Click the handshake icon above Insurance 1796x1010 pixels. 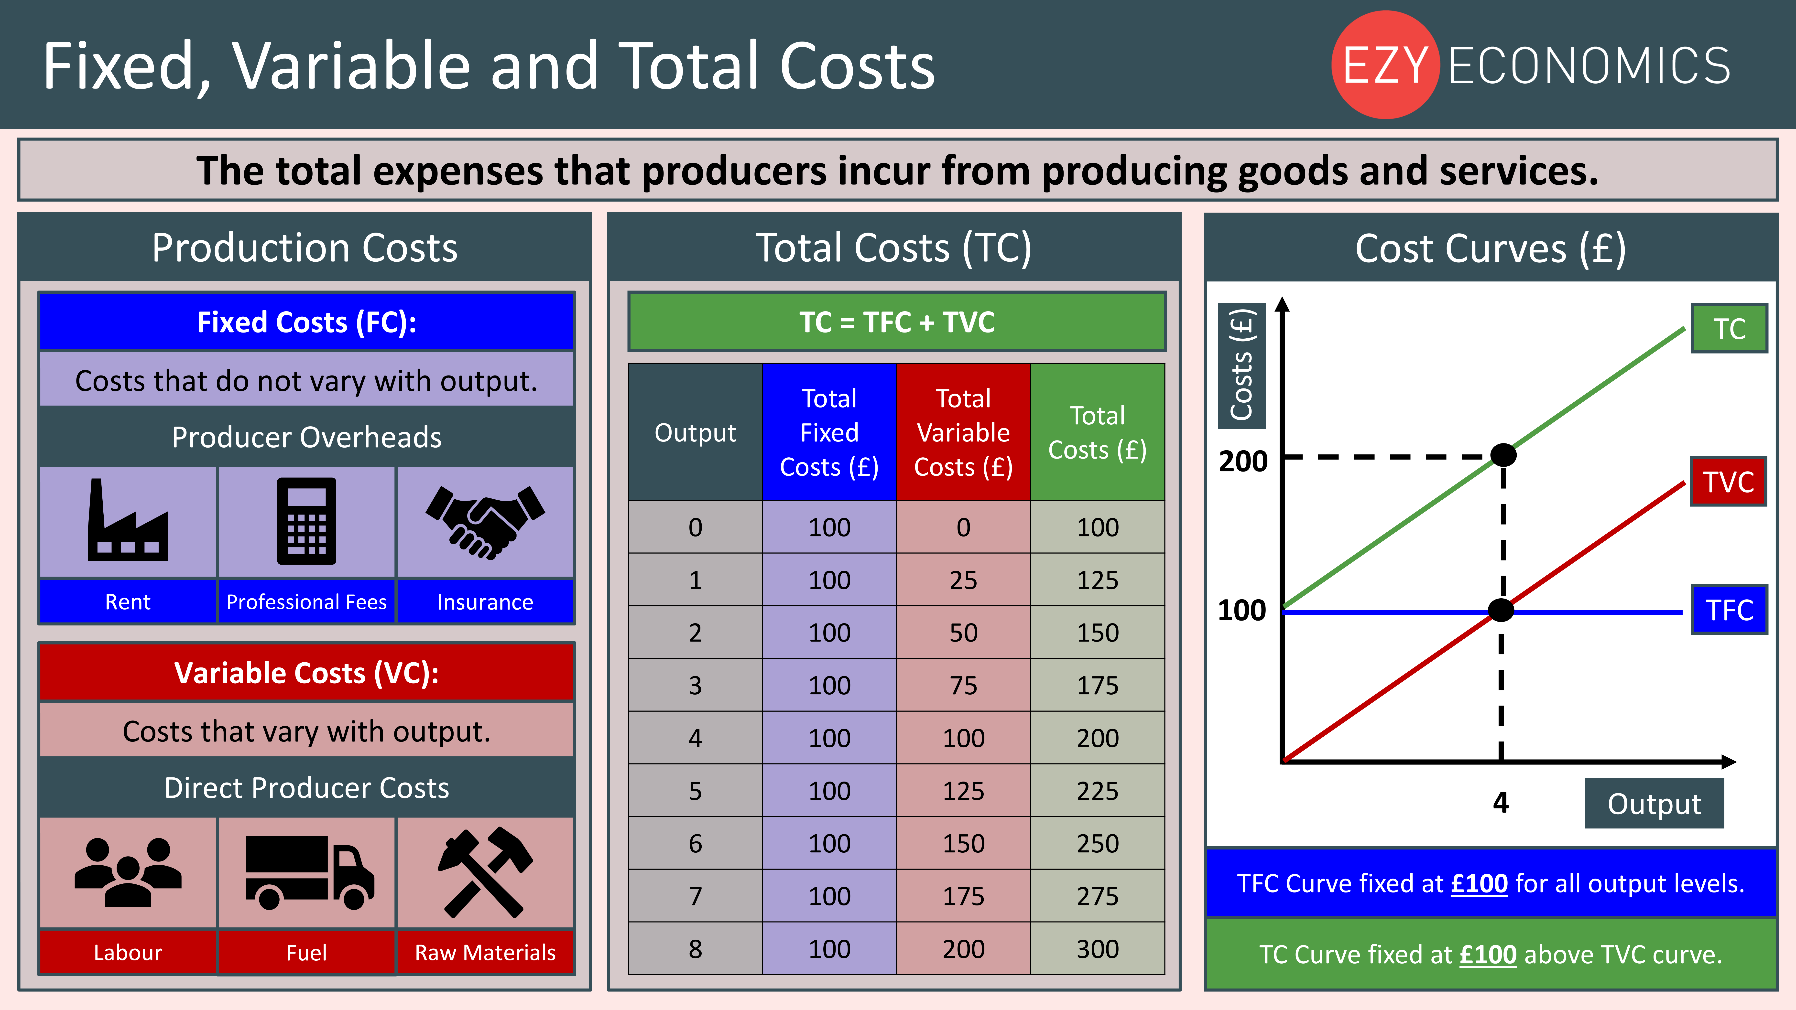point(485,521)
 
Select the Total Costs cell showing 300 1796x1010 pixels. point(1097,949)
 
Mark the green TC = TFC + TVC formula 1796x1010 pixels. point(897,322)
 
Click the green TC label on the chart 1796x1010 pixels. point(1729,328)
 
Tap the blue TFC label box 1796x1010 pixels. point(1729,610)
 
